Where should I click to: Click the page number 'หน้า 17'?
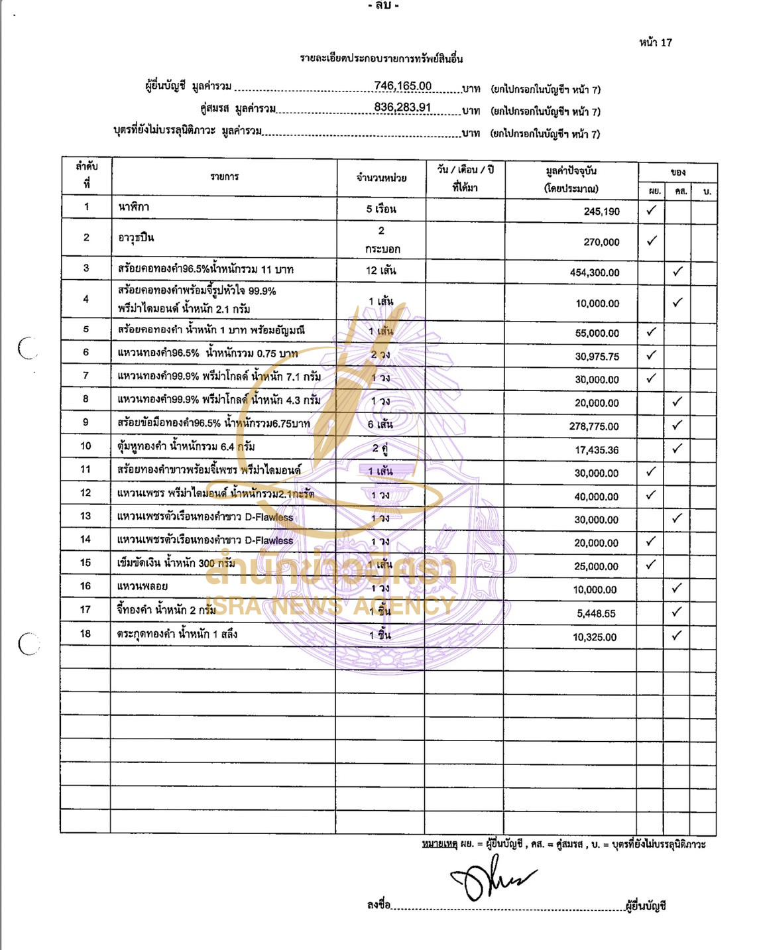pos(655,42)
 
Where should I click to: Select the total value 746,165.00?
pos(402,86)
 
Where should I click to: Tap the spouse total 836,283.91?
pos(402,107)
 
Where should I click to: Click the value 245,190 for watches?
pos(601,211)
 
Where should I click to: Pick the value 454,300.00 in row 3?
pos(595,272)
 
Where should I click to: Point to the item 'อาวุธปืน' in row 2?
pos(136,237)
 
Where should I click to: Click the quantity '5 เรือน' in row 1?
pos(381,209)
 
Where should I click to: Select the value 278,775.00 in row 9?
pos(594,426)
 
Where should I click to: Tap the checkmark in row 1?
pos(652,210)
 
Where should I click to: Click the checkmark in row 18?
pos(676,635)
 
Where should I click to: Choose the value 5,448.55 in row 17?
pos(596,614)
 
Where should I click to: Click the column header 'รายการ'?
pos(224,177)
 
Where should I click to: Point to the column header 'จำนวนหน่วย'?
pos(381,178)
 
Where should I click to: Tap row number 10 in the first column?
pos(86,446)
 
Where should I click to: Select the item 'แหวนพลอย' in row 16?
pos(143,586)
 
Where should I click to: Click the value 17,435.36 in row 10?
pos(597,450)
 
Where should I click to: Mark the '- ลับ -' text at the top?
pos(383,6)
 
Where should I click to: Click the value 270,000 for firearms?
pos(601,242)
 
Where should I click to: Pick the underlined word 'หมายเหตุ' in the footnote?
pos(439,844)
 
